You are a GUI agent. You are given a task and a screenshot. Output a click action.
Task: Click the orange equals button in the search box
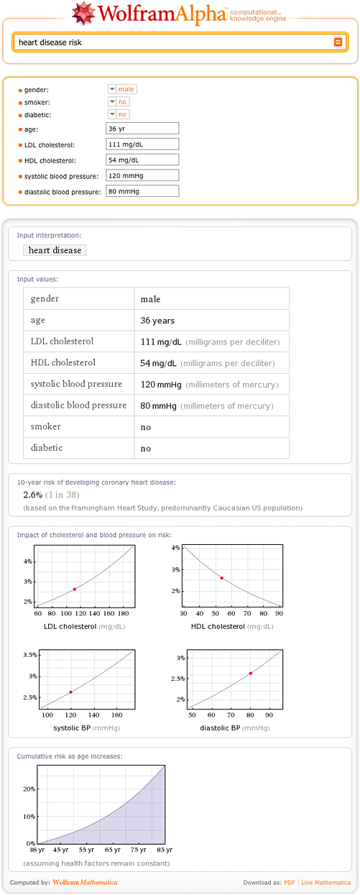tap(338, 42)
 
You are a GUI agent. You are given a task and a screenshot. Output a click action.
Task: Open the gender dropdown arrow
tap(112, 89)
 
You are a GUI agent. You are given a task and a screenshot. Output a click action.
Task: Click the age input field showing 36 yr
tap(142, 129)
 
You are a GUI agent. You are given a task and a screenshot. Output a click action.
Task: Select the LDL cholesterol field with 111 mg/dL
tap(142, 144)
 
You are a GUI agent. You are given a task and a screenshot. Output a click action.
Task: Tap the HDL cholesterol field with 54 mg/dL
tap(142, 160)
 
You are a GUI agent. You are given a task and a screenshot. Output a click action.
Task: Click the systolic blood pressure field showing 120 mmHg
tap(142, 175)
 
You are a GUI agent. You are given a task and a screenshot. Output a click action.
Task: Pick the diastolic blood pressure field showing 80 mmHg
tap(142, 191)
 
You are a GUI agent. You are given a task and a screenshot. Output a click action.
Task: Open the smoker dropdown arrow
tap(112, 102)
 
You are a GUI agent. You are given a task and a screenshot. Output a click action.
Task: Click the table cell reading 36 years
tap(157, 321)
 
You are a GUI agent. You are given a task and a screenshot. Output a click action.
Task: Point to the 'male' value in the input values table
tap(150, 299)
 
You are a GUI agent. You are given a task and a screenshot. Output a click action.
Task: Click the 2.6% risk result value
tap(33, 495)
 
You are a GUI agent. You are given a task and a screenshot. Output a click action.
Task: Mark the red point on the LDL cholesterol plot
tap(75, 589)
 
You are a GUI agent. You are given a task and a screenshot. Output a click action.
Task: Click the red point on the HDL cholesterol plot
tap(222, 578)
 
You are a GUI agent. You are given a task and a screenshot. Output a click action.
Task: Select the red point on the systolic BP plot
tap(70, 692)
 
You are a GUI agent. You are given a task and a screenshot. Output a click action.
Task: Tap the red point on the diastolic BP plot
tap(250, 673)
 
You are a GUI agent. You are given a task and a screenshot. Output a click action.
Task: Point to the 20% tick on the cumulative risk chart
tap(29, 789)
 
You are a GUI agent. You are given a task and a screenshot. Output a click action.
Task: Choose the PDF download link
tap(289, 882)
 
